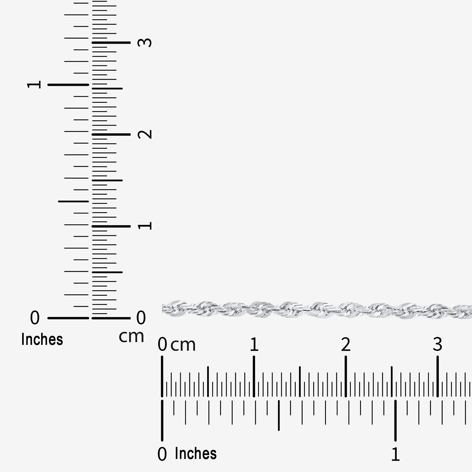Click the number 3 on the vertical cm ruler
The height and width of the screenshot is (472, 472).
pos(145,42)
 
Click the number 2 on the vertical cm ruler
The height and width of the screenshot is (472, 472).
pos(145,134)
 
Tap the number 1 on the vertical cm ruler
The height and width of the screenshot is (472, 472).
pos(145,226)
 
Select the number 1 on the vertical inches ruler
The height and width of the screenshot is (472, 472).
pos(34,84)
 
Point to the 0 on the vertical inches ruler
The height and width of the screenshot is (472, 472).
pos(35,317)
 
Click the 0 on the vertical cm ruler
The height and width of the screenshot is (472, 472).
pos(141,317)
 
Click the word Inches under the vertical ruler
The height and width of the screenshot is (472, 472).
pos(42,340)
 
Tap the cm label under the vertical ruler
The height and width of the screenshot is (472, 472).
pos(132,337)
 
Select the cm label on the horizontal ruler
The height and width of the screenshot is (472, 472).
pos(183,345)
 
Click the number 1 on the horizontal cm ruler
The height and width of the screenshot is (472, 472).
pos(254,345)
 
